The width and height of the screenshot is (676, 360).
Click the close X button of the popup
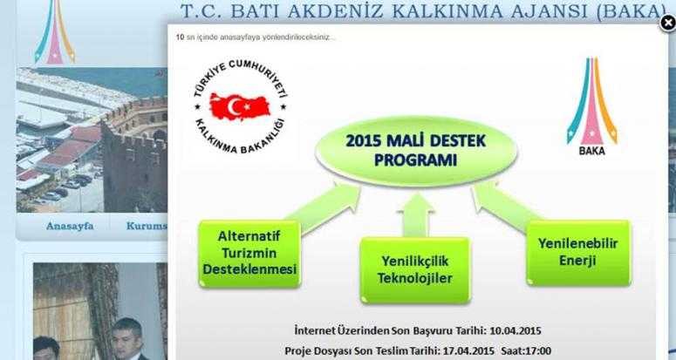pos(668,23)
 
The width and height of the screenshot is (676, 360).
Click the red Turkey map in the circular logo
pos(240,106)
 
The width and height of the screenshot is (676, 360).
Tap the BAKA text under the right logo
pos(592,151)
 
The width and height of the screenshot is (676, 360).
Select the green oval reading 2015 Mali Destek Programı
pos(416,151)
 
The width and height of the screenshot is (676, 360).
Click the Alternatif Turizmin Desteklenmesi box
pos(249,253)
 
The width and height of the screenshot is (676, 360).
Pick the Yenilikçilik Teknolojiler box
pos(415,270)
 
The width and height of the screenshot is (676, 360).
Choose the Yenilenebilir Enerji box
pos(578,252)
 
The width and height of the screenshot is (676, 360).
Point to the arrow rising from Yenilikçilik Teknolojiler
pos(417,214)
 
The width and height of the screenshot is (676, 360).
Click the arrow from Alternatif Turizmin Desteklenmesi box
pos(324,207)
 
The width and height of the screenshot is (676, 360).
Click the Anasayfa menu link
pos(70,226)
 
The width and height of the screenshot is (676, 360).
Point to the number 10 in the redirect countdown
pos(180,37)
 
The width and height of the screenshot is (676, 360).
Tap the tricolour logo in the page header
pos(55,31)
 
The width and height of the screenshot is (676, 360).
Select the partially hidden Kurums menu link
pos(147,226)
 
